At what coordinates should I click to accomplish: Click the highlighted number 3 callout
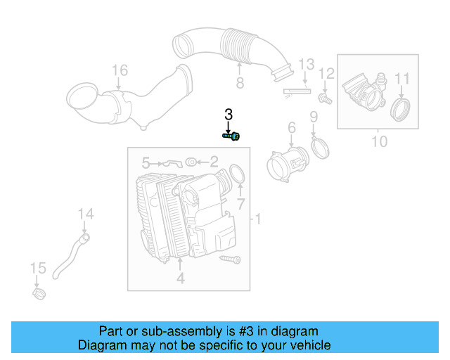point(228,114)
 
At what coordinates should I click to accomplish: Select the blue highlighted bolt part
point(231,136)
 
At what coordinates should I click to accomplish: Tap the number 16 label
point(120,70)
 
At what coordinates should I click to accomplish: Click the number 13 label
point(305,65)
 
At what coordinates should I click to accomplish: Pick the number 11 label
point(402,78)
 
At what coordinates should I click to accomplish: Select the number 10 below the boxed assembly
point(379,142)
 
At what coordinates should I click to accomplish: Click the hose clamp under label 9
point(321,148)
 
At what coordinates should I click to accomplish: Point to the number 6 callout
point(290,127)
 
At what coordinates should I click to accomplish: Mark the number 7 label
point(240,204)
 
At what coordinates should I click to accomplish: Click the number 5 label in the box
point(146,163)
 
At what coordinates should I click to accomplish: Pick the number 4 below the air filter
point(180,279)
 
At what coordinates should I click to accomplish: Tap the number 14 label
point(85,214)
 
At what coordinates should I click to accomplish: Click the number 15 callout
point(37,267)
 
